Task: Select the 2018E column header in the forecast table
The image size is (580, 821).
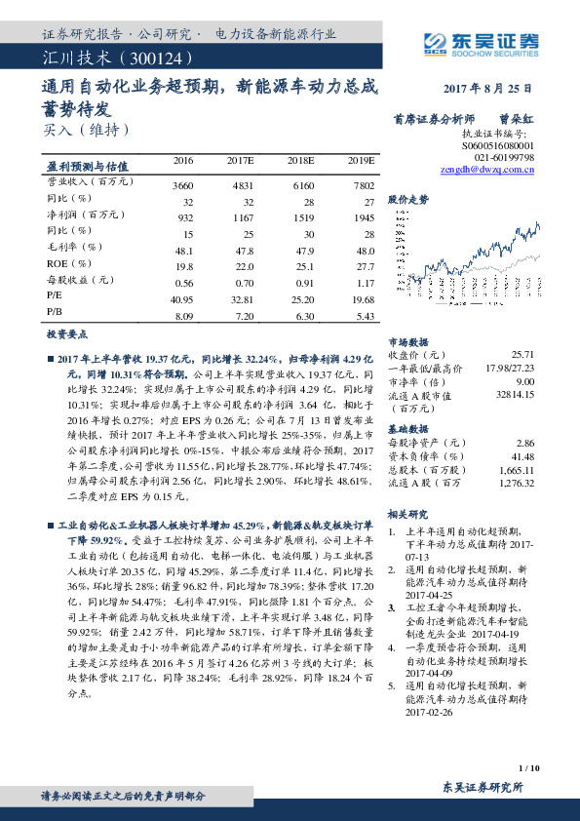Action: pyautogui.click(x=301, y=160)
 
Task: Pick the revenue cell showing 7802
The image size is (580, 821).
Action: pyautogui.click(x=362, y=184)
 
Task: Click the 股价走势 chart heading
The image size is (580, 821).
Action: pyautogui.click(x=408, y=198)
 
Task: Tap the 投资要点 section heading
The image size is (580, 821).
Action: pyautogui.click(x=66, y=333)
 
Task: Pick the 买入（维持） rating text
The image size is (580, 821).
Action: pyautogui.click(x=86, y=129)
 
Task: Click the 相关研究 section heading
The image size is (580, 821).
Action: pyautogui.click(x=407, y=514)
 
